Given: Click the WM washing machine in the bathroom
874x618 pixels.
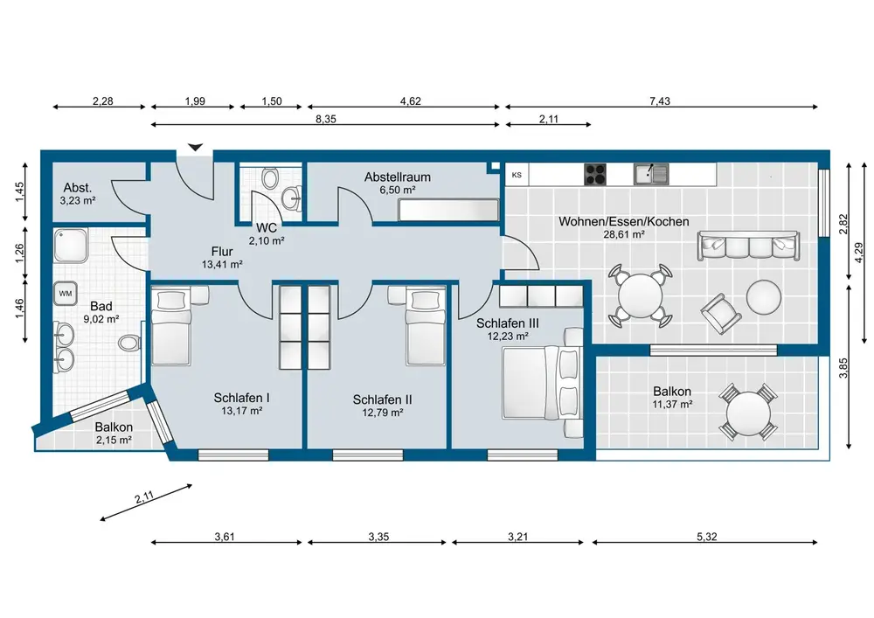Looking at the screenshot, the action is (66, 294).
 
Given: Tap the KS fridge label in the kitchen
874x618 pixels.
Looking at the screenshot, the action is (517, 175).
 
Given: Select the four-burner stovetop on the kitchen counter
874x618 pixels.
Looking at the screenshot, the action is (595, 174).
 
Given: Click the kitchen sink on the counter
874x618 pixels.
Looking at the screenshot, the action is (651, 174).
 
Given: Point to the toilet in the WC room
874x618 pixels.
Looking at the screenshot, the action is (271, 178).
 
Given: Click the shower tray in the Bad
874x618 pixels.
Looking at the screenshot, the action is (71, 246).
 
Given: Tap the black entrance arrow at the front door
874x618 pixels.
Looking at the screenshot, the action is (195, 147).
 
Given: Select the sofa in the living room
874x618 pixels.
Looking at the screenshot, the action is (748, 246).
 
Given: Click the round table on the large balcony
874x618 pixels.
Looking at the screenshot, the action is (748, 413).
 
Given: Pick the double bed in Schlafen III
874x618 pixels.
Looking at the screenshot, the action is (543, 382).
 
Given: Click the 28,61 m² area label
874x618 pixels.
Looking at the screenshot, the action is (624, 234).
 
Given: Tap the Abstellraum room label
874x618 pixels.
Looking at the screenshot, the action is (398, 177).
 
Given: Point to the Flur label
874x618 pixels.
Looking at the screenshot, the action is (222, 252).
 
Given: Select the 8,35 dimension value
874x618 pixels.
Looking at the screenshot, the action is (326, 119).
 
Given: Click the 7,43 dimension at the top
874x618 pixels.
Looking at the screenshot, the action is (660, 101).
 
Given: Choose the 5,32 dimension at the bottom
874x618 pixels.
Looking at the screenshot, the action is (707, 537).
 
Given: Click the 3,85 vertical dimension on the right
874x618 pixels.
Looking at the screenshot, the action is (843, 368).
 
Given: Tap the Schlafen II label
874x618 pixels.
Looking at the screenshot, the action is (383, 399).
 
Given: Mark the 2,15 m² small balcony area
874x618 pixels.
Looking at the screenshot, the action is (114, 441).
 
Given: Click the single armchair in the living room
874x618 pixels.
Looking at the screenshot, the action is (721, 313).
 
